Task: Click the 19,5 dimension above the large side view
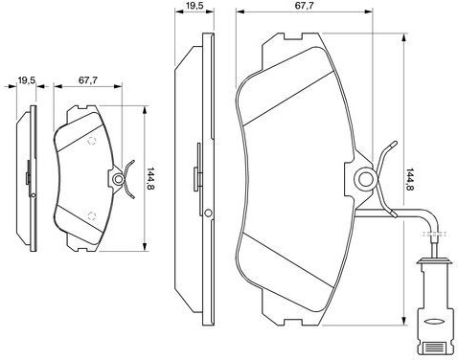(x=194, y=6)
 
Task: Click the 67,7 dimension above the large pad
(x=304, y=6)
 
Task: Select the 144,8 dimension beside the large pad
(x=409, y=179)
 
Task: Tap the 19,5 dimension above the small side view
(x=27, y=80)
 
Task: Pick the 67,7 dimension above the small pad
(x=88, y=80)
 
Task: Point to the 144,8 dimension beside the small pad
(x=149, y=179)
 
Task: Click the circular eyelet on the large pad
(x=366, y=179)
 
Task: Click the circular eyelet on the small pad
(x=119, y=179)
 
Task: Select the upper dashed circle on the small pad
(x=92, y=141)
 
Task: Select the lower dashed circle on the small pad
(x=92, y=216)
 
